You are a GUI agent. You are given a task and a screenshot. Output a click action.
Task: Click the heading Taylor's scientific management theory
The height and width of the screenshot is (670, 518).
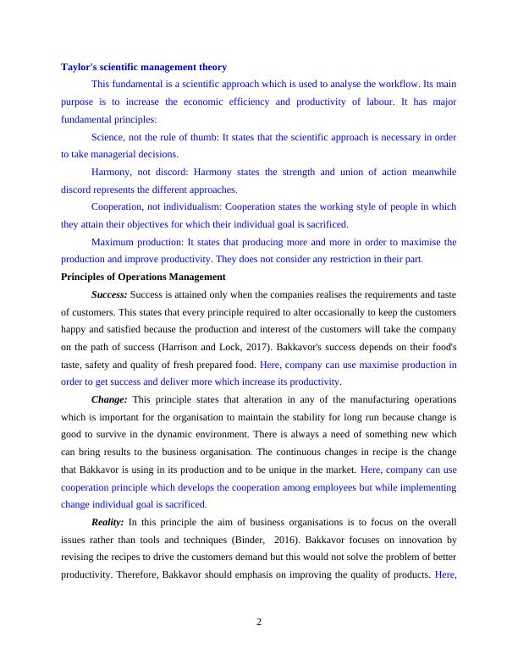tap(144, 67)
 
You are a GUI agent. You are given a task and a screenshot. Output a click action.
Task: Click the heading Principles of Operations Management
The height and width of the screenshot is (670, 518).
tap(144, 277)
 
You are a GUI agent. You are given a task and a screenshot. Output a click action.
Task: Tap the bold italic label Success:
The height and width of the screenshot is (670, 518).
tap(109, 294)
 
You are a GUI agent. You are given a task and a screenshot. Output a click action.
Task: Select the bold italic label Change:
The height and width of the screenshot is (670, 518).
tap(109, 399)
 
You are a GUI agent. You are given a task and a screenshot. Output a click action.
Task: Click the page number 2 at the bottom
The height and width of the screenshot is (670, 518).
tap(259, 622)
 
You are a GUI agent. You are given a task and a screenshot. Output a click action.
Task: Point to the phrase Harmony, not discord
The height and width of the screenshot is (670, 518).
tap(135, 172)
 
